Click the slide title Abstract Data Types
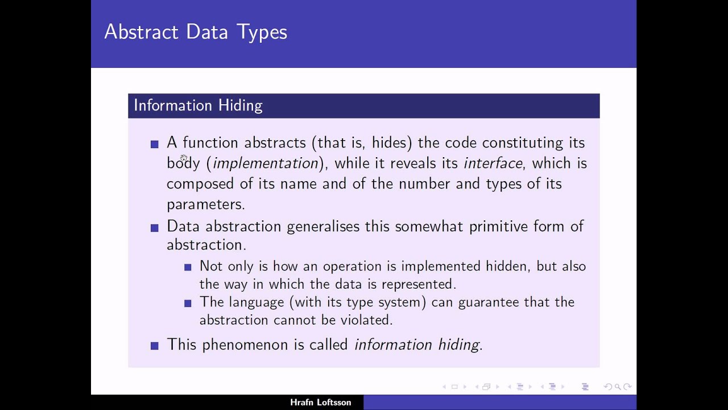tap(196, 32)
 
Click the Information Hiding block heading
tap(198, 105)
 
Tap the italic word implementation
tap(265, 163)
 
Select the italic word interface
tap(493, 163)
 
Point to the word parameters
tap(205, 204)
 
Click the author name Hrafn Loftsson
tap(321, 403)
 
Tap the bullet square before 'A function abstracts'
tap(155, 145)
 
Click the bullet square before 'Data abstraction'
tap(155, 228)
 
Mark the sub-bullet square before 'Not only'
tap(188, 267)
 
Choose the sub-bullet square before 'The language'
tap(188, 304)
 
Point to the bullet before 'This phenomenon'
tap(155, 346)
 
